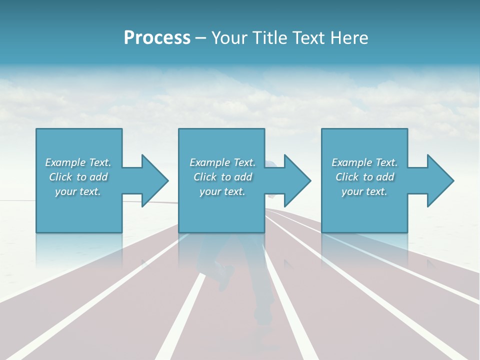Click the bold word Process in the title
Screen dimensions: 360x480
157,38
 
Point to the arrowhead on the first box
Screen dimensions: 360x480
155,180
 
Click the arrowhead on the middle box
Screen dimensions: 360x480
297,180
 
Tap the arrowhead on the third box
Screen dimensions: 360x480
440,180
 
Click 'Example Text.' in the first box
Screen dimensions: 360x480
78,162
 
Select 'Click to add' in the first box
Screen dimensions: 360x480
78,177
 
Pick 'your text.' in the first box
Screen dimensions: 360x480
78,191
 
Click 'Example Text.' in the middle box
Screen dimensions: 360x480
222,162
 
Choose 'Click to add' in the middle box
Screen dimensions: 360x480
222,177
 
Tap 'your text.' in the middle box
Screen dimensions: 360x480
222,191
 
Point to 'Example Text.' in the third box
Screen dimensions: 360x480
364,162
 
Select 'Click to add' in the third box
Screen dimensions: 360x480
364,177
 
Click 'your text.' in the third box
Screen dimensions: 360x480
364,191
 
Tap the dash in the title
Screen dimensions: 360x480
201,38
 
